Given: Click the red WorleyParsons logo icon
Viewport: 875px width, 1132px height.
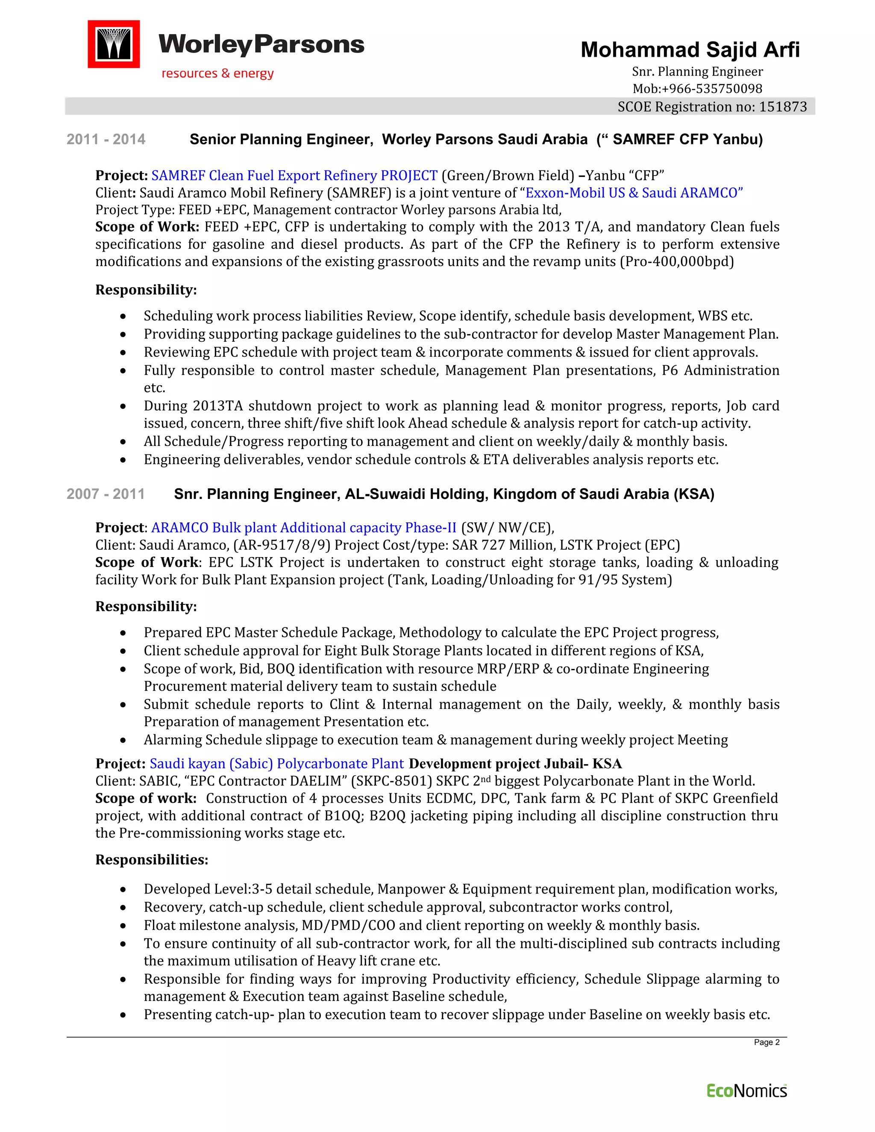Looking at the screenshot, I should tap(114, 44).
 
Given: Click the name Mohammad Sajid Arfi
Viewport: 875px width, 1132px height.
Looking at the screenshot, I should tap(690, 50).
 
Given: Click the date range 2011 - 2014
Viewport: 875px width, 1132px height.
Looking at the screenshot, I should tap(106, 139).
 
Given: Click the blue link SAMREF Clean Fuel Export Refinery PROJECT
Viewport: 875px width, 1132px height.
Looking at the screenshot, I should tap(294, 176).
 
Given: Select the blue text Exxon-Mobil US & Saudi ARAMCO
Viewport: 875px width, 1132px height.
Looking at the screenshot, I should tap(634, 193).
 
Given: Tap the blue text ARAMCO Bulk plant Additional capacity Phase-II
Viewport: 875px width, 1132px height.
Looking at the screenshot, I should tap(303, 528).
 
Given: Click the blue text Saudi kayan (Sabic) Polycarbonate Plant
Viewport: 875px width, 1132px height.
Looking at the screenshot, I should tap(276, 763).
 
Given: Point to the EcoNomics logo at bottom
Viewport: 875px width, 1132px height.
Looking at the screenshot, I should tap(746, 1091).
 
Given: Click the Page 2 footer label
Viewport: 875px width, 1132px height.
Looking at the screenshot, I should tap(766, 1042).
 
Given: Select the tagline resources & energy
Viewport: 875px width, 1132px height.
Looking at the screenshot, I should tap(217, 73).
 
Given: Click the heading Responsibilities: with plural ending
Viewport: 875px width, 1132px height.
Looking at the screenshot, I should tap(151, 859).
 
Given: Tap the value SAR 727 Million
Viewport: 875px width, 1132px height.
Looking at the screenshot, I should tap(496, 545).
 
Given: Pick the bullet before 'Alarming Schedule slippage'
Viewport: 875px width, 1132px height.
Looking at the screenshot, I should tap(123, 741).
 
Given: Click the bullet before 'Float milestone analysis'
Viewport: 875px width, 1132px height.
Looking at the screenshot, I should tap(123, 926).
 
